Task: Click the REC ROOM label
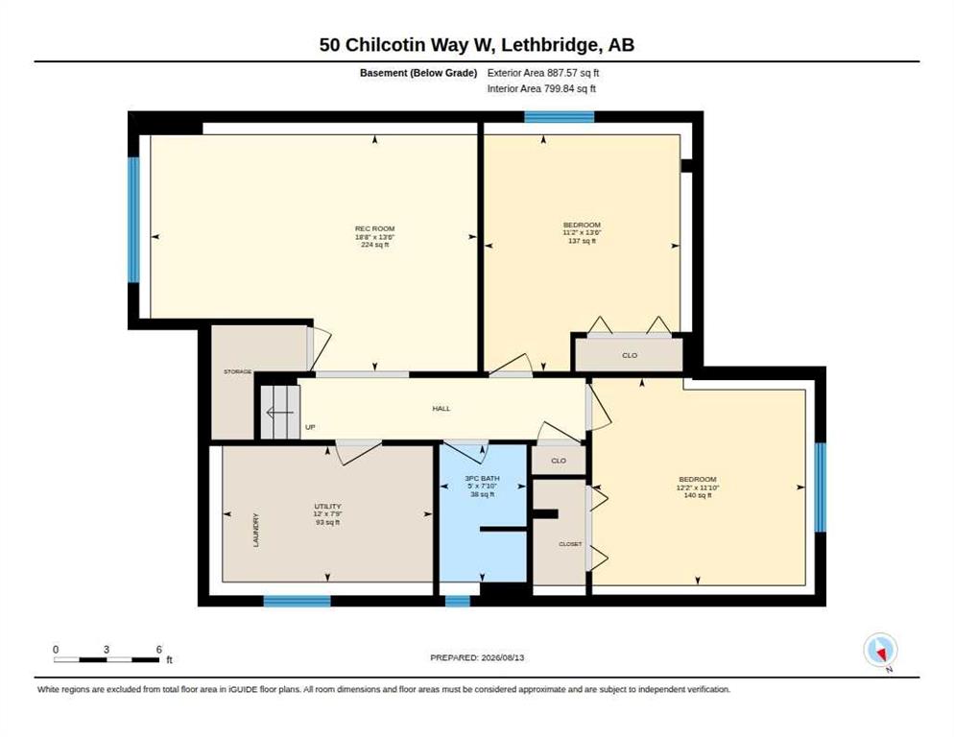(374, 228)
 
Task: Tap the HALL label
(441, 409)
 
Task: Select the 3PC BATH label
(482, 478)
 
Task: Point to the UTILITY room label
(327, 507)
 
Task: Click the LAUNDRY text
(256, 530)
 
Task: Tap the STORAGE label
(237, 371)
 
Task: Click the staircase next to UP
(280, 412)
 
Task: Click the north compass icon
(880, 650)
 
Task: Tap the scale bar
(107, 659)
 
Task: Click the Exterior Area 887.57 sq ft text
(543, 72)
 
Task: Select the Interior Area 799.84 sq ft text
(541, 88)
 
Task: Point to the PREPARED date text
(477, 657)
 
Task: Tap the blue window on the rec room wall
(133, 220)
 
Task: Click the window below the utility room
(297, 602)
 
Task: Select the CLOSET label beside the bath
(570, 544)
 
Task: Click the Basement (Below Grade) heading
(418, 73)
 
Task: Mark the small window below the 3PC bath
(458, 602)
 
